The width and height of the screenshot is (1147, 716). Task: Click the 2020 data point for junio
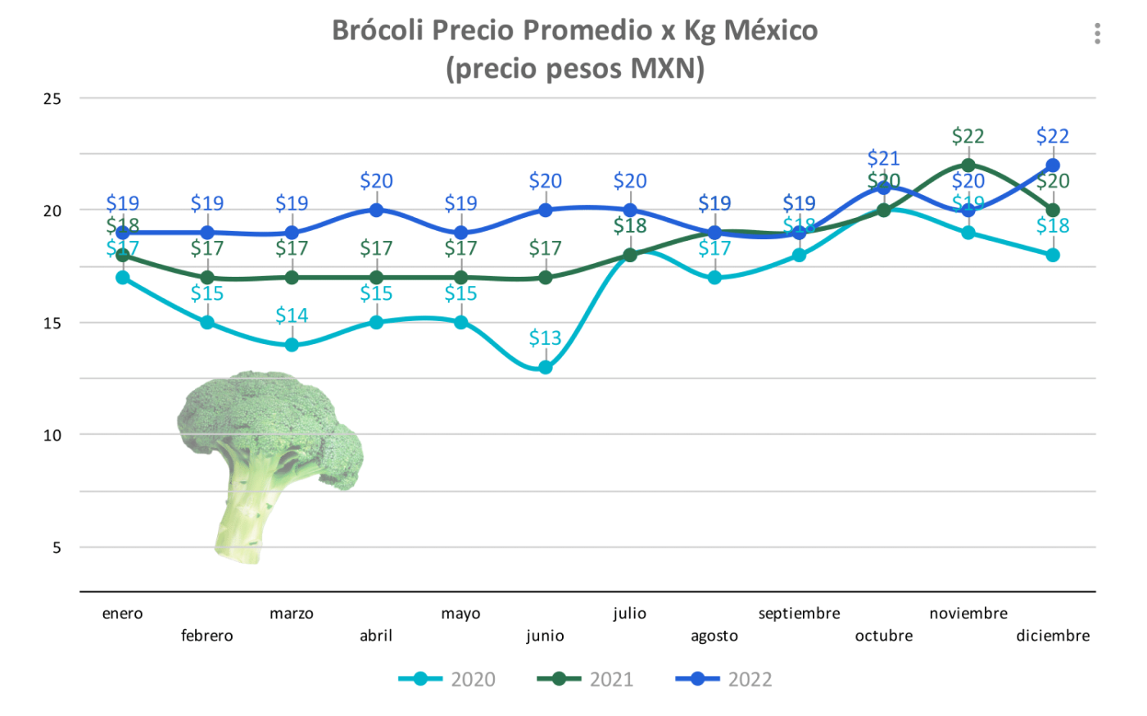click(x=546, y=368)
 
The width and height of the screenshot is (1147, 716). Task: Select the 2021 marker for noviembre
click(x=968, y=165)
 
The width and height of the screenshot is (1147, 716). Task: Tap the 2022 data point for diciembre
click(x=1053, y=165)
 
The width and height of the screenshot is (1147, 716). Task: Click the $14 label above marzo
click(x=292, y=315)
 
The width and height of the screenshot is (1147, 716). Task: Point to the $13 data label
click(x=546, y=338)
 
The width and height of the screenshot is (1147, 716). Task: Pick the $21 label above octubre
click(x=884, y=157)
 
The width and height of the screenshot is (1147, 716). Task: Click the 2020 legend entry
click(x=447, y=679)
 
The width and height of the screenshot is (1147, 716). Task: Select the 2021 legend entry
click(x=586, y=679)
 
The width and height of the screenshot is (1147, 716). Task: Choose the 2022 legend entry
click(x=724, y=679)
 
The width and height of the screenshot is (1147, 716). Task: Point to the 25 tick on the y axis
click(x=52, y=99)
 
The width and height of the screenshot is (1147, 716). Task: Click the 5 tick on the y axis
click(x=57, y=548)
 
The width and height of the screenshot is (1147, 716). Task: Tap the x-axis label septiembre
click(x=799, y=614)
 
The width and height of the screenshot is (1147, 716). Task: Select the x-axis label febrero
click(x=207, y=636)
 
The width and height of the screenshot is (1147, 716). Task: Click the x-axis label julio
click(x=629, y=614)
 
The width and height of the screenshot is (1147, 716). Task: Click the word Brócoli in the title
click(x=378, y=30)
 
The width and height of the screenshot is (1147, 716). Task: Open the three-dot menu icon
click(x=1097, y=34)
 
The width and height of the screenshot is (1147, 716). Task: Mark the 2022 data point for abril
click(x=376, y=211)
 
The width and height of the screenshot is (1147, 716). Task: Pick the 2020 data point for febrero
click(x=207, y=323)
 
